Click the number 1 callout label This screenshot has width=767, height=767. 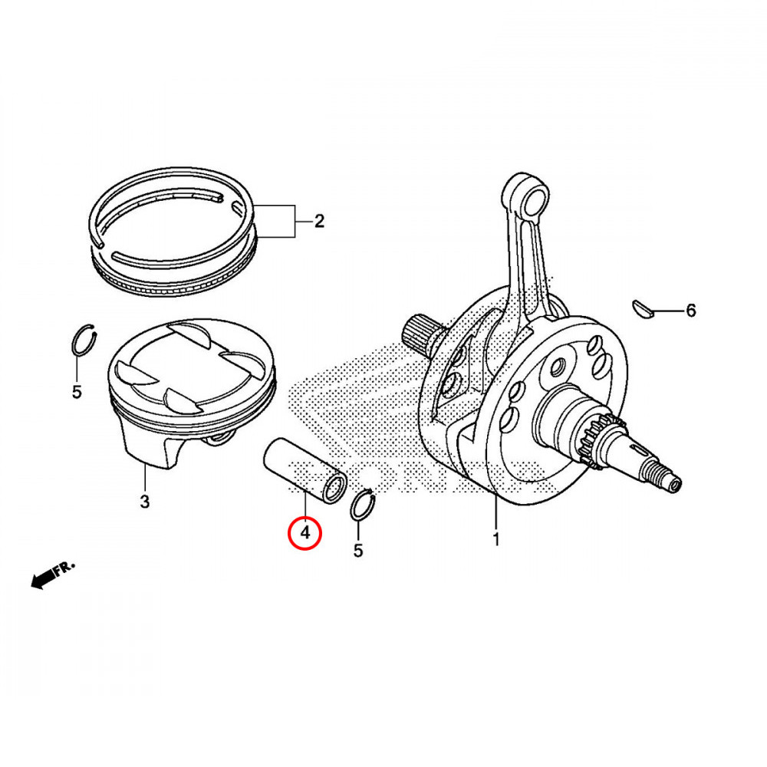tap(495, 538)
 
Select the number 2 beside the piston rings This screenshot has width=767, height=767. tap(319, 222)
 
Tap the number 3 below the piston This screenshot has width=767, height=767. tap(145, 502)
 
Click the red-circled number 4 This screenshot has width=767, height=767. tap(304, 532)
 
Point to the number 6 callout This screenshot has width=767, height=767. tap(690, 311)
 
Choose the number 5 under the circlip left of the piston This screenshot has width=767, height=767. tap(76, 392)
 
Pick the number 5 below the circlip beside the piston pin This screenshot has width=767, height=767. tap(357, 550)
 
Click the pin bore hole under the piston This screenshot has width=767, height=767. tap(220, 439)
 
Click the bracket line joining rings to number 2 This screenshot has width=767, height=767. tap(293, 222)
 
